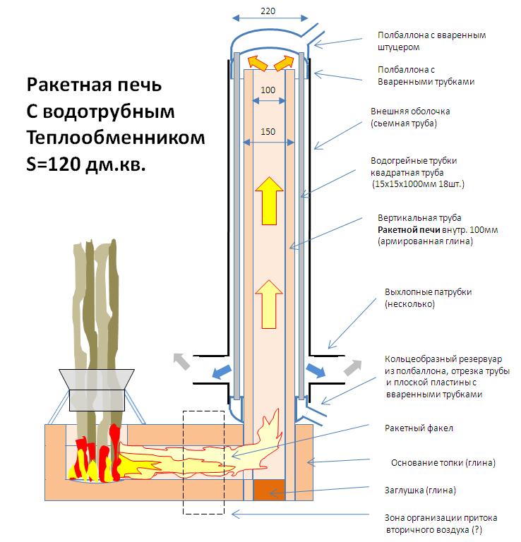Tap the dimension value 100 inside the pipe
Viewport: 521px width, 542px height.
pos(268,91)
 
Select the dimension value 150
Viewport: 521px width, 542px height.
pos(268,132)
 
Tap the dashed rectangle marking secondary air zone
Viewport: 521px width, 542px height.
pos(203,462)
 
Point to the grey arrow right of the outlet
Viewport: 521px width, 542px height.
pos(352,366)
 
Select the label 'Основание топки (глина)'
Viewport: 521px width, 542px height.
pos(443,463)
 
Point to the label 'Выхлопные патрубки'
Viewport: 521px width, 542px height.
pos(428,291)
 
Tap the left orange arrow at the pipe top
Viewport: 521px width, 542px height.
pos(258,64)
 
